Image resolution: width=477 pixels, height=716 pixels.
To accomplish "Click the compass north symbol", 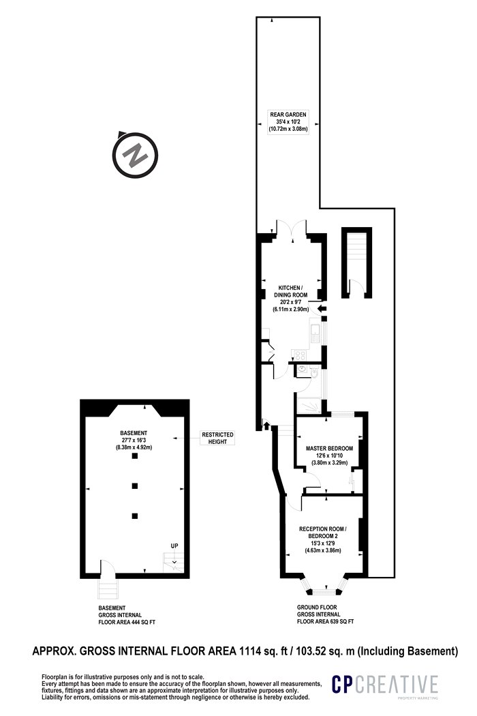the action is pos(135,155).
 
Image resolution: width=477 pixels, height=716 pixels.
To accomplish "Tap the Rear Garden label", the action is pos(288,121).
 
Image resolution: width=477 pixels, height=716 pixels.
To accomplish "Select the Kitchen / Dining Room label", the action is pos(290,298).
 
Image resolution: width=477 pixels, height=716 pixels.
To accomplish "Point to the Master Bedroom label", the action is pos(329,456).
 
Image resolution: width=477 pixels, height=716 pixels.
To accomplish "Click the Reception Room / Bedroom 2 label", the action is pos(323,540).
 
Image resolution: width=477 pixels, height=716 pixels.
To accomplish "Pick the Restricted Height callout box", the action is pos(218,438).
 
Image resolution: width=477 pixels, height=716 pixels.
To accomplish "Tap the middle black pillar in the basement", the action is pos(134,486).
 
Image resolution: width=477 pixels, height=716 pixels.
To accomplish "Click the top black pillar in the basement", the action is pos(134,456).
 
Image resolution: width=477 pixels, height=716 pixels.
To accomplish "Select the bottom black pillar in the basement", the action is pos(134,516).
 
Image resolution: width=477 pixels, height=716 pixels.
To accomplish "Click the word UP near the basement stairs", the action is pos(174,546).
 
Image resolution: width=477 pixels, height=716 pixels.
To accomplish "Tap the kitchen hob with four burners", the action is pos(300,355).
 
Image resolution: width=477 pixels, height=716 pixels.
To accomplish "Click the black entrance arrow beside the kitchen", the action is pos(322,309).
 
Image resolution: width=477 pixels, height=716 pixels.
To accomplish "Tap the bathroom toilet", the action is pos(314,373).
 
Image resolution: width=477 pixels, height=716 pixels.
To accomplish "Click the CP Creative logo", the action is pos(384,686).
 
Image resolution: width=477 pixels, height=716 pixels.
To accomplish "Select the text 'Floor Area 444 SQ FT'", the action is pos(127,622).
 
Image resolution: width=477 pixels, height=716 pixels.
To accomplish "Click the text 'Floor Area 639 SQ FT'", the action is pos(326,621).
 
